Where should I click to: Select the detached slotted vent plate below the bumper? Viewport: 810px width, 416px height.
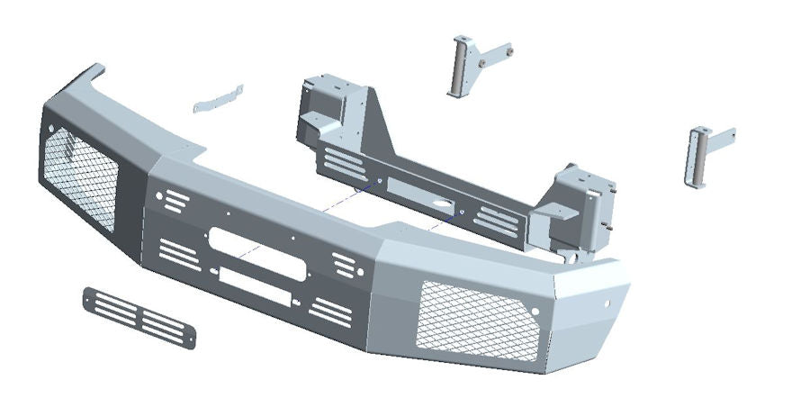click(x=139, y=316)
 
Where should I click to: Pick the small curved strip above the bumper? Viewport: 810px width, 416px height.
click(x=219, y=98)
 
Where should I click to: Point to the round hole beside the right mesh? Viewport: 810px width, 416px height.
click(x=537, y=312)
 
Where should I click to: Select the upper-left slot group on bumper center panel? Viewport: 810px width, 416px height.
click(x=176, y=199)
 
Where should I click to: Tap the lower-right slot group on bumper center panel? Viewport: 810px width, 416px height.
click(x=330, y=310)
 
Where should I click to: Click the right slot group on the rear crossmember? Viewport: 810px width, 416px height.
click(x=497, y=219)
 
